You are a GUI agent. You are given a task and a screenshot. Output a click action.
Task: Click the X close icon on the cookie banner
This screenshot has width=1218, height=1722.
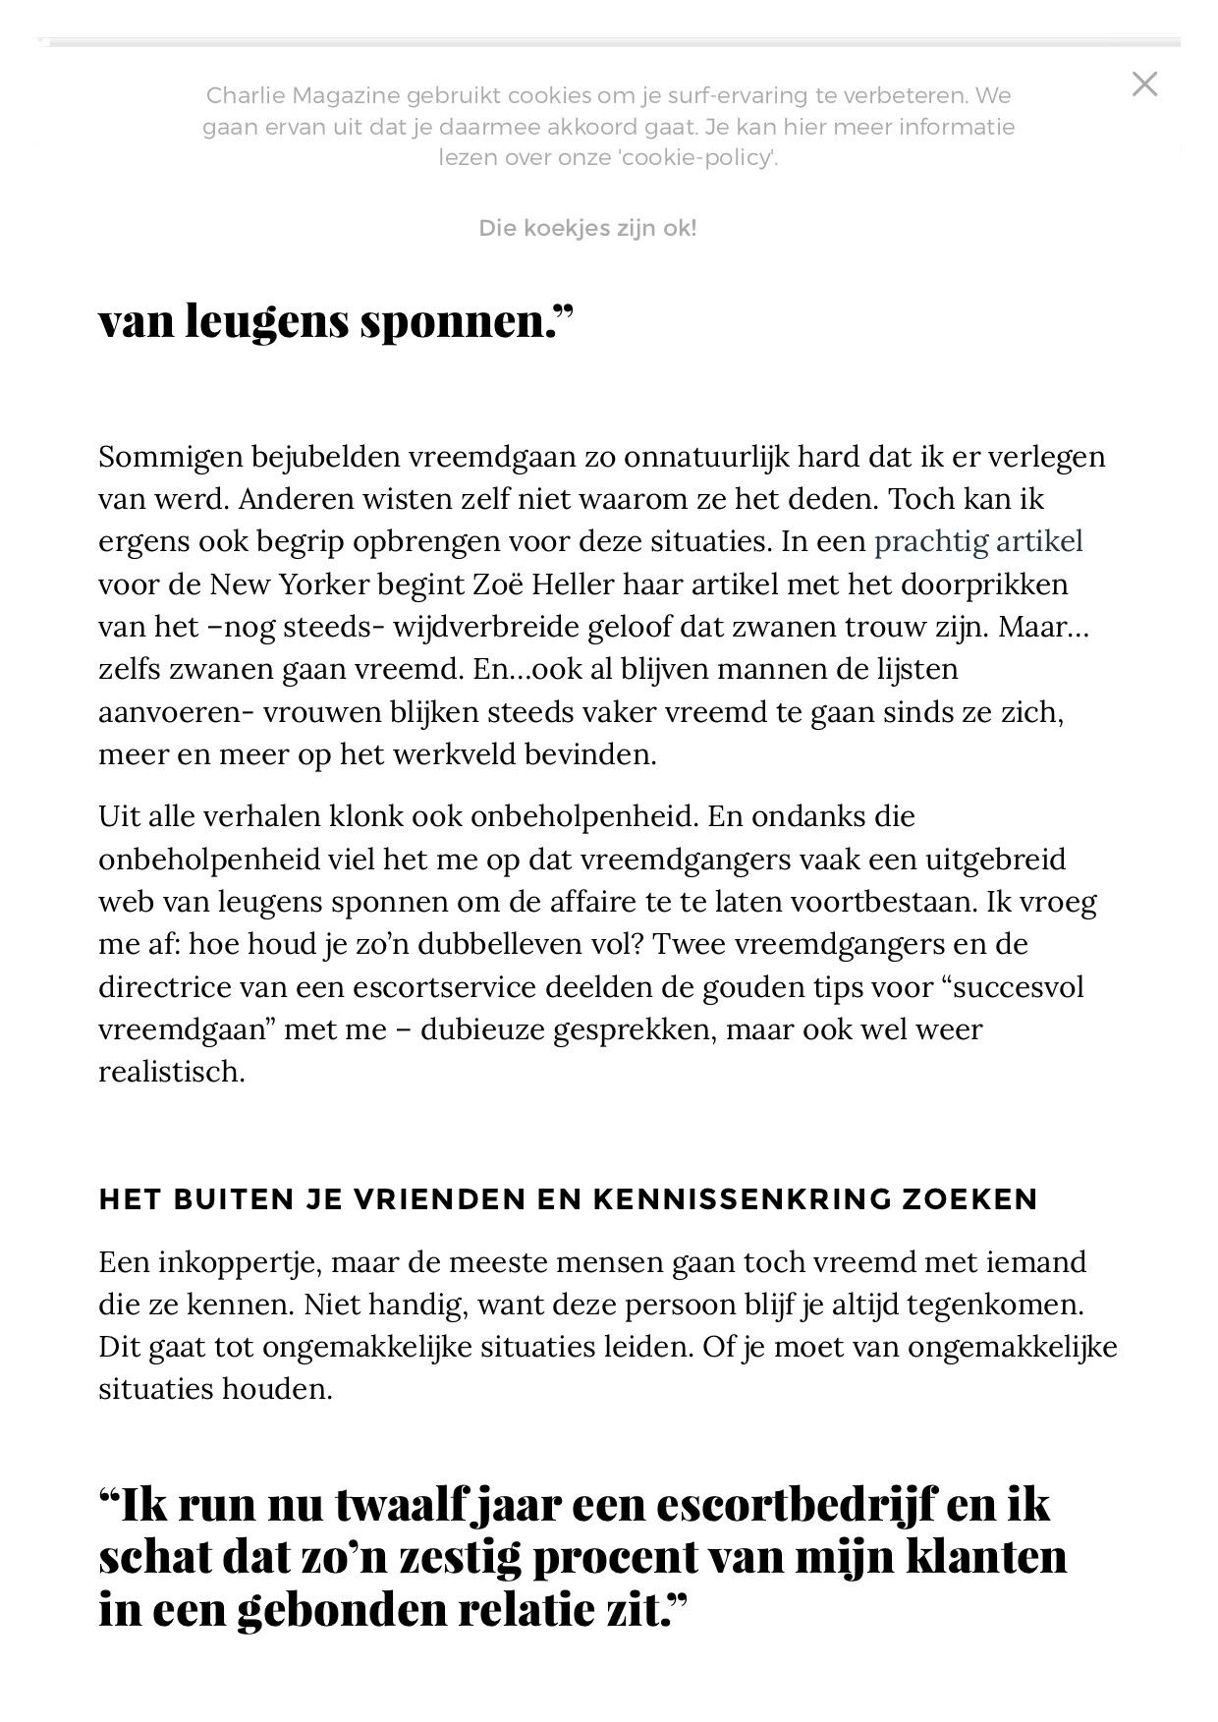(x=1144, y=84)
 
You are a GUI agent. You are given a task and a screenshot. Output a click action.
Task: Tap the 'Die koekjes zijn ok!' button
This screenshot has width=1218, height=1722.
(x=587, y=229)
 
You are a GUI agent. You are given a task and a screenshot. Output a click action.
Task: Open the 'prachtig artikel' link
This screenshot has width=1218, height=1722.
(x=978, y=541)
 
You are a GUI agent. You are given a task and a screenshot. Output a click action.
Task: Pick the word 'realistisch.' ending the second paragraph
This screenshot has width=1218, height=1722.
(x=172, y=1072)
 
